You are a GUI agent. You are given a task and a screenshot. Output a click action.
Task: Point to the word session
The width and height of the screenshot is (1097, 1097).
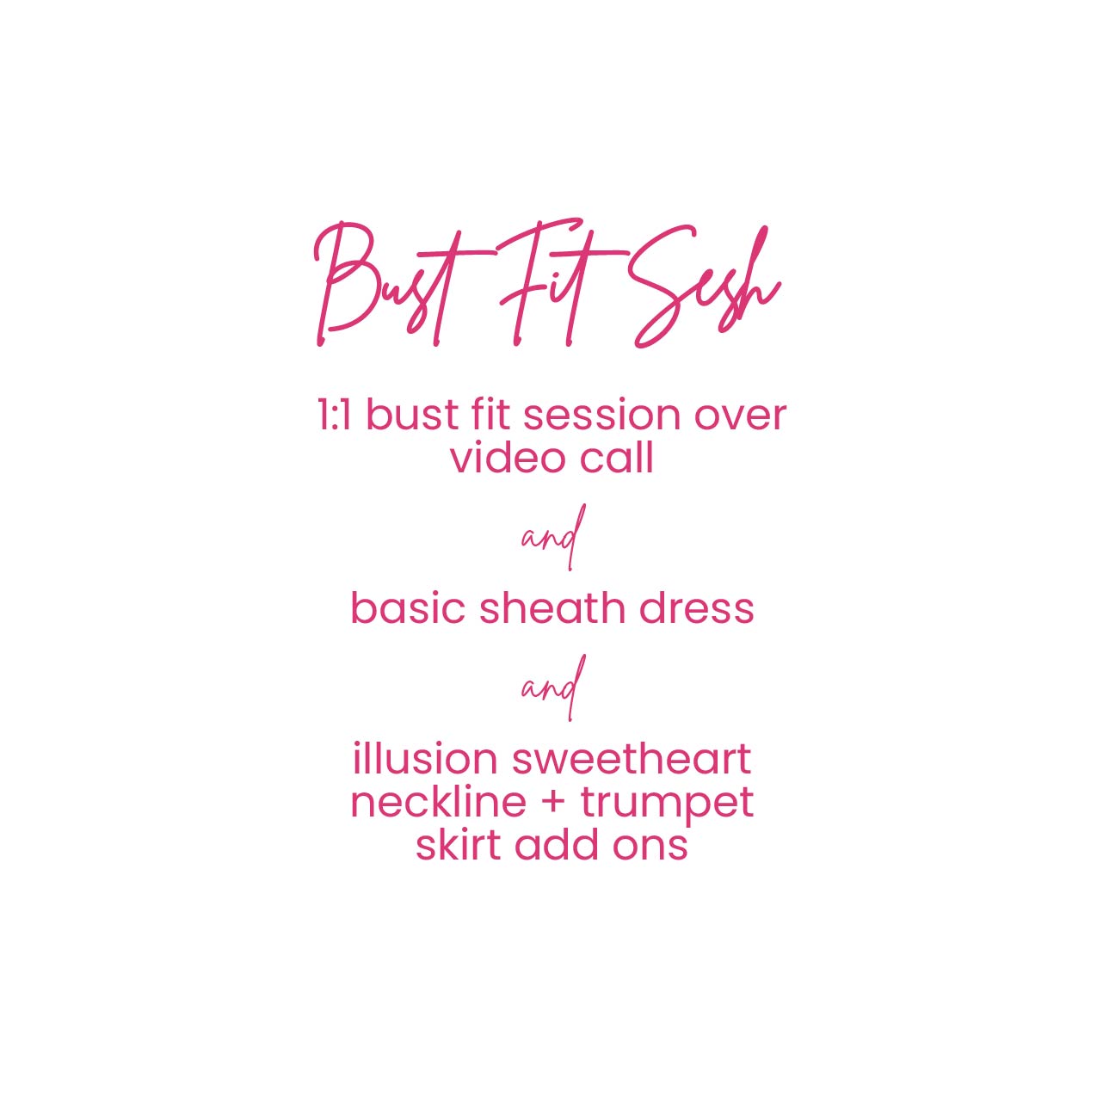pos(601,415)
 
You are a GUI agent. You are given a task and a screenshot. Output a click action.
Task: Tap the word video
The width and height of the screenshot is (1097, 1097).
pos(508,458)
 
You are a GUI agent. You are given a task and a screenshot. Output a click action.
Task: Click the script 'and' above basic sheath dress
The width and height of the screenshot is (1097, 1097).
pos(553,537)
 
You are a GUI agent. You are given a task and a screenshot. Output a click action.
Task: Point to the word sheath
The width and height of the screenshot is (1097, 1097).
pos(552,608)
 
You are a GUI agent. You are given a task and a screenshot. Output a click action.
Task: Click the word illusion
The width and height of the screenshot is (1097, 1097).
pos(425,759)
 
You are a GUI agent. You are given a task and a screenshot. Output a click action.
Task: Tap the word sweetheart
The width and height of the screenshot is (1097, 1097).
pos(632,760)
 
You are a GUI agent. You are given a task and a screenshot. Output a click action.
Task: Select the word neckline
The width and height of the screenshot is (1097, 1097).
pos(438,802)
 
